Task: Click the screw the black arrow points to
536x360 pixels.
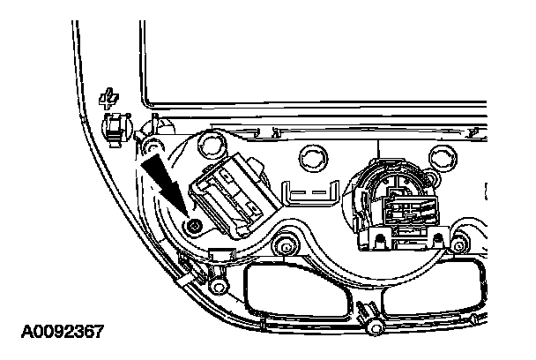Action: pos(193,226)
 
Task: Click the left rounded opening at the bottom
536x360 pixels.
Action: pos(294,290)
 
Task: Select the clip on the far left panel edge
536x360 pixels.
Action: pos(114,127)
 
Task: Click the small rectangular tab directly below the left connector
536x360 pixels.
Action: pos(221,255)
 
